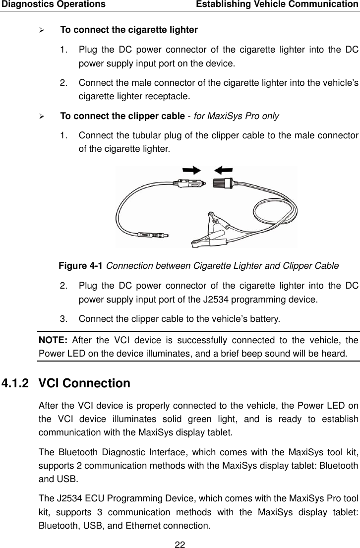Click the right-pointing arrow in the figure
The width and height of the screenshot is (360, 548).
pyautogui.click(x=191, y=170)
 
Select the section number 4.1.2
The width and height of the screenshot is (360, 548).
pyautogui.click(x=15, y=383)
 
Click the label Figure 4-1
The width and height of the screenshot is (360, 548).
pyautogui.click(x=81, y=265)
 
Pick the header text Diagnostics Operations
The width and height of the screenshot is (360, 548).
pyautogui.click(x=53, y=4)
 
